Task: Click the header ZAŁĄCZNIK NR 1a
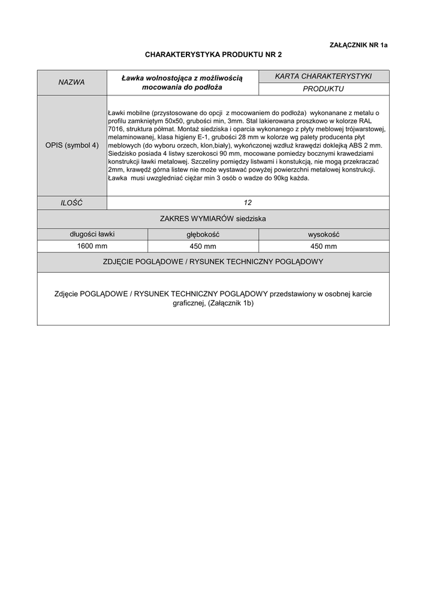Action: point(359,45)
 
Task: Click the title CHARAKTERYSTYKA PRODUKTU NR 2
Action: point(213,55)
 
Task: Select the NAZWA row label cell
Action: point(71,82)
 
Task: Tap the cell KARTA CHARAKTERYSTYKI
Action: point(323,76)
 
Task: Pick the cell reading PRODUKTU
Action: point(323,89)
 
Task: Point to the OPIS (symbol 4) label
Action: point(72,145)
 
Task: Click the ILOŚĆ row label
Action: point(71,203)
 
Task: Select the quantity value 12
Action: point(248,203)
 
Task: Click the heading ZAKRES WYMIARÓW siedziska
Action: point(213,219)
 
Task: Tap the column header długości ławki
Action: point(92,234)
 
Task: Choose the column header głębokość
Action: point(203,234)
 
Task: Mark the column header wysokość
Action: point(324,234)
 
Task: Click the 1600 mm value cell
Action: point(92,246)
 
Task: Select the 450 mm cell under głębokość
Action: point(203,246)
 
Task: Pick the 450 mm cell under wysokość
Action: point(324,246)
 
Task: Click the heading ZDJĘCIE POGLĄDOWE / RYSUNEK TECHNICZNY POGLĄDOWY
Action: point(213,262)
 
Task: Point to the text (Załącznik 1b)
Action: point(231,303)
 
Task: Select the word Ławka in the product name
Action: point(132,78)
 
